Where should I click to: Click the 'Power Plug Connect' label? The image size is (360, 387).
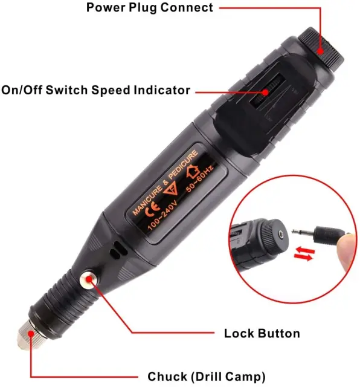(149, 8)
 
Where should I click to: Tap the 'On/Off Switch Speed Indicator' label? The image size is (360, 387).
(95, 90)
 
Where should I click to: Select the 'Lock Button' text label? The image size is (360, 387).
(262, 333)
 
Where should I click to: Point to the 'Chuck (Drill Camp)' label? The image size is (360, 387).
(207, 377)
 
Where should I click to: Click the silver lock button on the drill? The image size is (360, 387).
(88, 279)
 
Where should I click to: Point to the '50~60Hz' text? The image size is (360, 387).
(200, 178)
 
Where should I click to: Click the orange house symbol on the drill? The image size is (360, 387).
(193, 171)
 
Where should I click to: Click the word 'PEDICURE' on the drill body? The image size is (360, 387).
(183, 165)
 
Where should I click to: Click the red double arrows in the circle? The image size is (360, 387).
(304, 254)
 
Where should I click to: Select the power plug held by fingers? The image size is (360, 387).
(321, 233)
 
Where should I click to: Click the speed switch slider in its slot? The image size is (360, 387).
(267, 91)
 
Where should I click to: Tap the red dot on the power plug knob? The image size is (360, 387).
(320, 51)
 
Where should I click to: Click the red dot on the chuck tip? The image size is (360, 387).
(31, 334)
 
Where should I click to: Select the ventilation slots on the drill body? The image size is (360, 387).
(118, 250)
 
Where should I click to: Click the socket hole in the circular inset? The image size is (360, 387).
(281, 235)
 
